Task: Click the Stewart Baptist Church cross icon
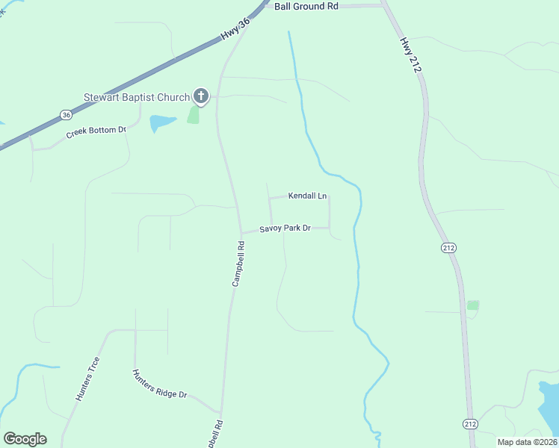pyautogui.click(x=200, y=96)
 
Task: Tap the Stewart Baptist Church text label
pyautogui.click(x=136, y=96)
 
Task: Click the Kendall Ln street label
pyautogui.click(x=308, y=196)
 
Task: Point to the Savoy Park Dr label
pyautogui.click(x=285, y=228)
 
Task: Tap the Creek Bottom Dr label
pyautogui.click(x=96, y=132)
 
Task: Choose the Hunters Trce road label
pyautogui.click(x=87, y=379)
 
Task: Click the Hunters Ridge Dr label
pyautogui.click(x=159, y=384)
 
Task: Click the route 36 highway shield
pyautogui.click(x=67, y=115)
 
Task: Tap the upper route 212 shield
pyautogui.click(x=448, y=248)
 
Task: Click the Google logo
pyautogui.click(x=25, y=439)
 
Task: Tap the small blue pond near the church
pyautogui.click(x=161, y=122)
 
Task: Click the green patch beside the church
pyautogui.click(x=194, y=114)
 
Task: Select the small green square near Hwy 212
pyautogui.click(x=472, y=305)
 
